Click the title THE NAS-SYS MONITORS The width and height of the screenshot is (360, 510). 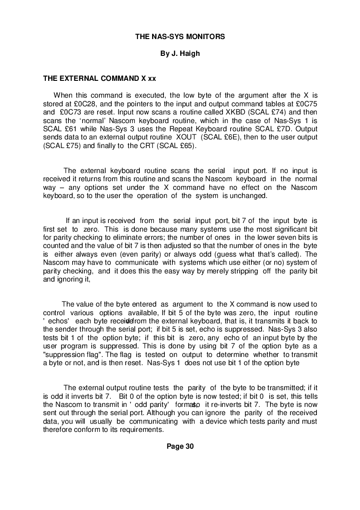(180, 36)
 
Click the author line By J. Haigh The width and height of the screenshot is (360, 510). (180, 54)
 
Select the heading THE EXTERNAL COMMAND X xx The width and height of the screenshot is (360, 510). (99, 78)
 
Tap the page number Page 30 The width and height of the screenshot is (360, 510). (180, 446)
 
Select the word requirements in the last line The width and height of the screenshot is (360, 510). (139, 430)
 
